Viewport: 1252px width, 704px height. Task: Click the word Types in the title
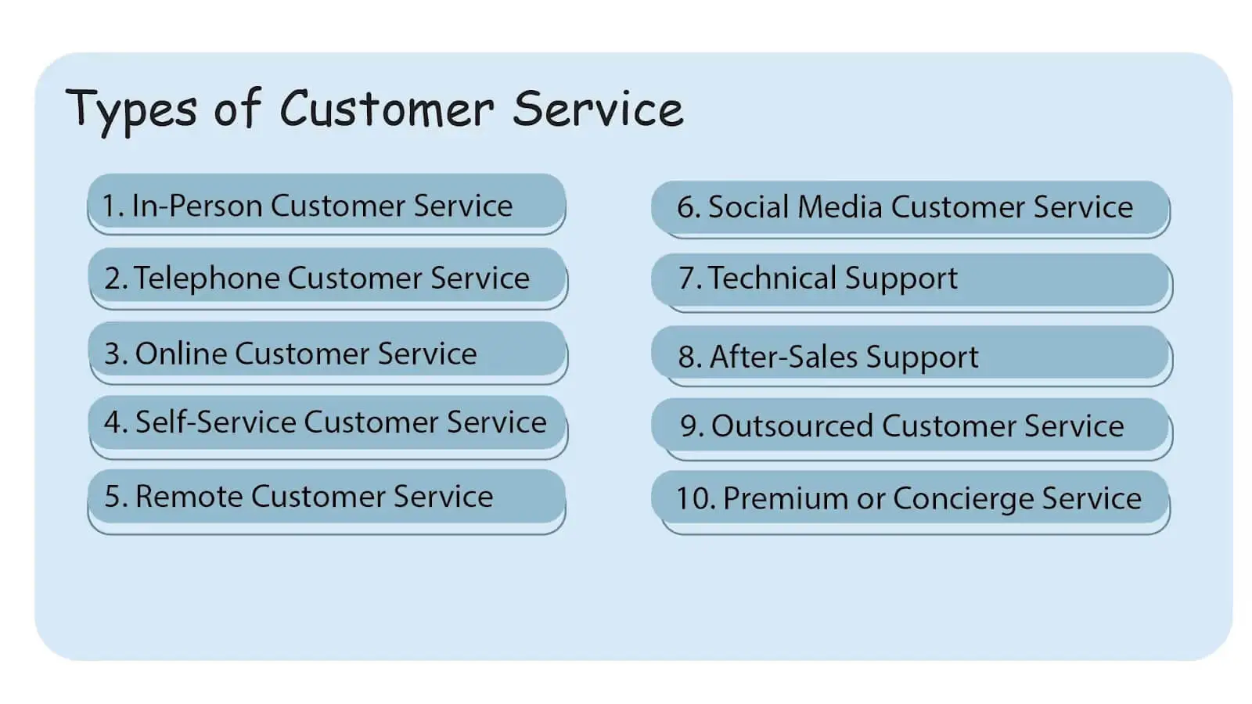(x=131, y=109)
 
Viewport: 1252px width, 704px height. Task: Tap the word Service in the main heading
(x=598, y=109)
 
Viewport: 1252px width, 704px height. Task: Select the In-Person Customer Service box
(x=326, y=205)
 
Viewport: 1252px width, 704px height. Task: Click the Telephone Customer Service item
(x=326, y=278)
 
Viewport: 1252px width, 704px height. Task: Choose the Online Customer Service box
(x=326, y=353)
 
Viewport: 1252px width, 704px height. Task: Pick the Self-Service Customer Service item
(x=326, y=422)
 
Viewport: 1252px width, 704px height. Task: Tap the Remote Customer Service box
(x=326, y=497)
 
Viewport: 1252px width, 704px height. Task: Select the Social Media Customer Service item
(x=910, y=207)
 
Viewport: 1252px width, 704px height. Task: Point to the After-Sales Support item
(x=910, y=357)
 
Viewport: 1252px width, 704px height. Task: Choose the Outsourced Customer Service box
(x=910, y=426)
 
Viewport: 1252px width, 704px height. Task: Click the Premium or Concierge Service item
(x=910, y=498)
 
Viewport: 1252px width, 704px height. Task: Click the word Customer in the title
(x=387, y=109)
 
